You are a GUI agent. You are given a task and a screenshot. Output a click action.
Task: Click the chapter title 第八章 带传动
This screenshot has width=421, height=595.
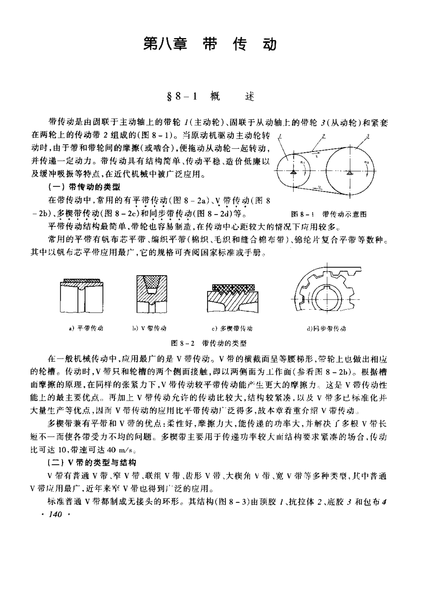210,44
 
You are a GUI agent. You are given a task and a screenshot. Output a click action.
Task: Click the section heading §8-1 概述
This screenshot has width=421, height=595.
210,97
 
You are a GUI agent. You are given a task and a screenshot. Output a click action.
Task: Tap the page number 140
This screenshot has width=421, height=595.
55,515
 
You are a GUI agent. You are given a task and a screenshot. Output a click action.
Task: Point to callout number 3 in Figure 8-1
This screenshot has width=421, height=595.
368,136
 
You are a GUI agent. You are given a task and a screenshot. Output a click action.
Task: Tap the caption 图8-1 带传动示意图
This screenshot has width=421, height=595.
329,214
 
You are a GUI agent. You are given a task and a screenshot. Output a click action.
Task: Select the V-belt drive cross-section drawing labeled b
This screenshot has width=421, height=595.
152,294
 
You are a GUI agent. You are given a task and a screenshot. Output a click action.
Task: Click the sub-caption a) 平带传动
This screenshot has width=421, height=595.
86,328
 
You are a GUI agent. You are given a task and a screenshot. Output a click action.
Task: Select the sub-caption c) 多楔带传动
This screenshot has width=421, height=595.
232,328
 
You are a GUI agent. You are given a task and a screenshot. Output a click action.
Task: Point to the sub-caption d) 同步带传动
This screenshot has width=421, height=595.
326,328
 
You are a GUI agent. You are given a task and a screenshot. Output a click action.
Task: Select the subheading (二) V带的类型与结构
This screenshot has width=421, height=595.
92,462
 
